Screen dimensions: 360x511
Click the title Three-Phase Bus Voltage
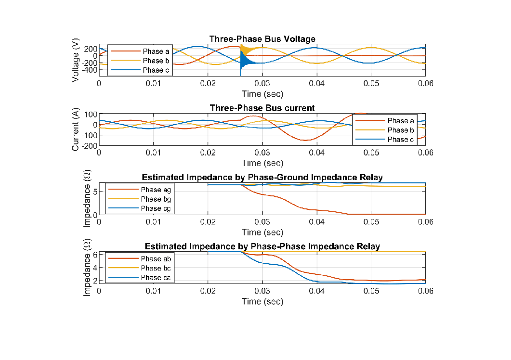coord(262,39)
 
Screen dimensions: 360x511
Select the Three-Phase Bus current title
coord(262,108)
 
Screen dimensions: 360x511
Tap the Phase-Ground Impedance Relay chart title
coord(262,178)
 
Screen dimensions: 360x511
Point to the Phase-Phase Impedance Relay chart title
coord(262,246)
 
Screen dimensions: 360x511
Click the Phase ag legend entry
coord(151,190)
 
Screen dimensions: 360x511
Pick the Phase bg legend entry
coord(151,199)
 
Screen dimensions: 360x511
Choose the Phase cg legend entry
coord(151,208)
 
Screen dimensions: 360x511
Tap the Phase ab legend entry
coord(151,259)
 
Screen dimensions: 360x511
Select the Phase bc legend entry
coord(151,268)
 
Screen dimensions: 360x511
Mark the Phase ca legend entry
coord(151,278)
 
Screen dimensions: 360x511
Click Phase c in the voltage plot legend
coord(153,70)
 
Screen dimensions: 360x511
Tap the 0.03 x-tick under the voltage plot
coord(262,83)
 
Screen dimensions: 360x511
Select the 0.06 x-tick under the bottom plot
coord(425,291)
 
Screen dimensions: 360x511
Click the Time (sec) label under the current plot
coord(262,163)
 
